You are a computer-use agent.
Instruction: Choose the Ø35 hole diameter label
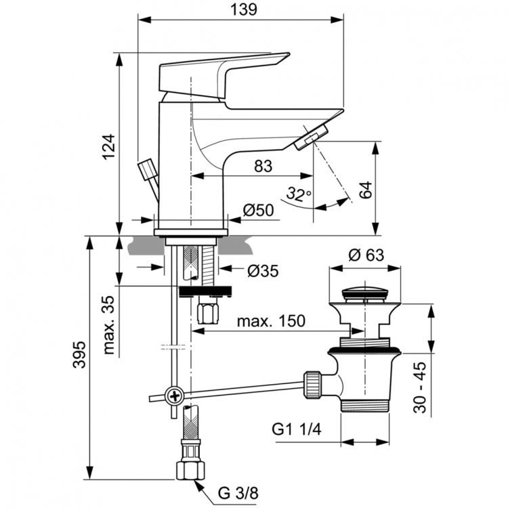(263, 270)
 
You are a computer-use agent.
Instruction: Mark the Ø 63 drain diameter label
(365, 255)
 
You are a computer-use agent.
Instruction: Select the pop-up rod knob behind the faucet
(146, 169)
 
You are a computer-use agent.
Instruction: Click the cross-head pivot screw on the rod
(175, 396)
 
